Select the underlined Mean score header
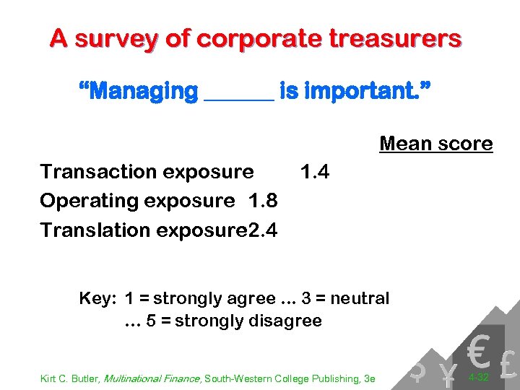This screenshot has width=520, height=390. coord(435,144)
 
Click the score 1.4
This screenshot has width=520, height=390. coord(315,172)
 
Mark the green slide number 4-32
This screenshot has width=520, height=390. coord(479,377)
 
